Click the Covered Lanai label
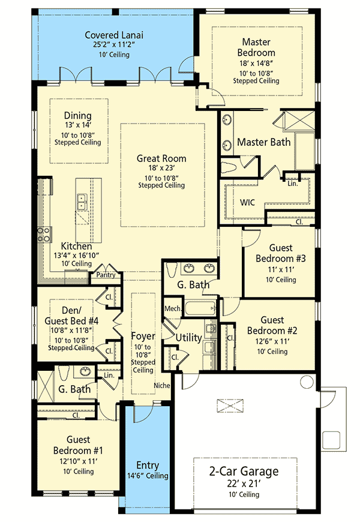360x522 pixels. [x=114, y=35]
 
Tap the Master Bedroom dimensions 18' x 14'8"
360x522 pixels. [x=256, y=63]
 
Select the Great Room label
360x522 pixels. [x=161, y=158]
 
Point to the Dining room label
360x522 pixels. [x=77, y=116]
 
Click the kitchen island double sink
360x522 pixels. [x=82, y=202]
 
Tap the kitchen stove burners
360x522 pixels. [x=44, y=234]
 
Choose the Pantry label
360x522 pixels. [x=106, y=275]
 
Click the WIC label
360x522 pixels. [x=247, y=202]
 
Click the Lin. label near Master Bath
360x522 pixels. [x=293, y=183]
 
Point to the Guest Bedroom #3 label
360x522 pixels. [x=280, y=253]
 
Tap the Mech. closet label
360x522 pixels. [x=173, y=308]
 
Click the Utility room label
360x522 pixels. [x=188, y=338]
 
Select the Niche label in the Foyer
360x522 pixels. [x=162, y=386]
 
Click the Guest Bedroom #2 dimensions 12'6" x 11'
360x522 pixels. [x=272, y=341]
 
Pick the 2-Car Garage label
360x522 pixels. [x=244, y=472]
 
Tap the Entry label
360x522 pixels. [x=148, y=466]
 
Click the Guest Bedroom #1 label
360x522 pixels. [x=78, y=445]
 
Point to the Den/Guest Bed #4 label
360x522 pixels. [x=71, y=316]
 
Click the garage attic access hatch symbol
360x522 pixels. [x=230, y=406]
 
